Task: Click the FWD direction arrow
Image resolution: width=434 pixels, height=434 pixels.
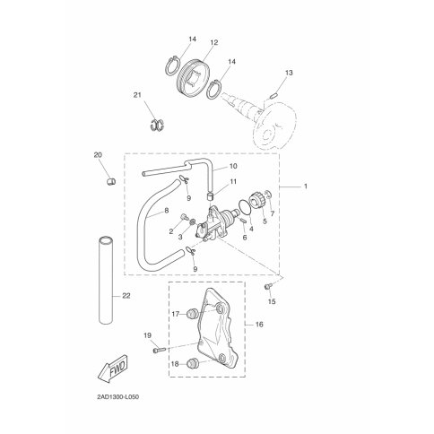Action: tap(113, 369)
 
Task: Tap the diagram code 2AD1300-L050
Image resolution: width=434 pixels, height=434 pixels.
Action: tap(117, 397)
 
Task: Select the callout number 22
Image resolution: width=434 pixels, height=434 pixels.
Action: tap(126, 296)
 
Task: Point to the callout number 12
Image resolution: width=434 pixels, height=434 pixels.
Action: tap(214, 42)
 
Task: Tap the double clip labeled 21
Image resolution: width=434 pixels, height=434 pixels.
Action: tap(157, 125)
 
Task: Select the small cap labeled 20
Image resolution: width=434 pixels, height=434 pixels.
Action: tap(111, 181)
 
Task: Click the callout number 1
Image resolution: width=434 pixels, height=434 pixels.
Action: tap(306, 186)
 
